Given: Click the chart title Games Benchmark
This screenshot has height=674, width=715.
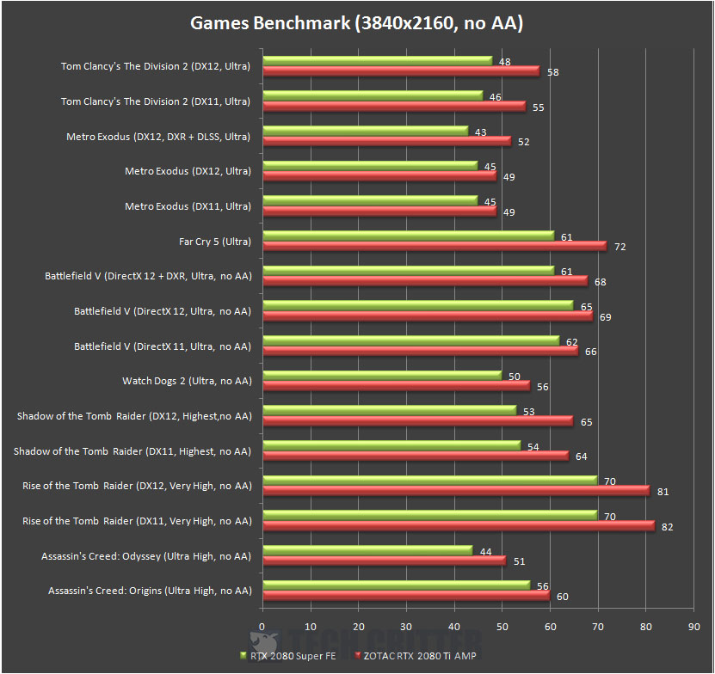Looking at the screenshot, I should (x=356, y=23).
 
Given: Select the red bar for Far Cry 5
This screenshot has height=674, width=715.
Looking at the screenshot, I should (x=435, y=246).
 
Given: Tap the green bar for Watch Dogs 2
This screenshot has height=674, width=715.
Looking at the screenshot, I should (x=382, y=376).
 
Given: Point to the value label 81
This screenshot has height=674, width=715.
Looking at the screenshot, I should (x=661, y=492).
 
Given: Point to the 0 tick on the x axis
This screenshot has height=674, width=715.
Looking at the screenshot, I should (x=262, y=627).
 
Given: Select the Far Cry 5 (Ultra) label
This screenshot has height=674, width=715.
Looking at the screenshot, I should (x=215, y=242).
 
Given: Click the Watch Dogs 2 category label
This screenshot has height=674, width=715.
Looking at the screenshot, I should (x=187, y=381).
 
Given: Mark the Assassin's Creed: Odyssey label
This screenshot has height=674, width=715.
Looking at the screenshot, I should (x=146, y=556).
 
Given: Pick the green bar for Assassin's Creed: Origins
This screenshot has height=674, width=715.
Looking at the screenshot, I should (x=397, y=585).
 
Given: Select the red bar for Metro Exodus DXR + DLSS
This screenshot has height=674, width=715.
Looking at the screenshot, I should (x=386, y=141).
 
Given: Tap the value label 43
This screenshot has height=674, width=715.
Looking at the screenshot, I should (x=479, y=132).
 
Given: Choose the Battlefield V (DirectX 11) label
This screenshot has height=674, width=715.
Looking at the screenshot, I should (x=163, y=346).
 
